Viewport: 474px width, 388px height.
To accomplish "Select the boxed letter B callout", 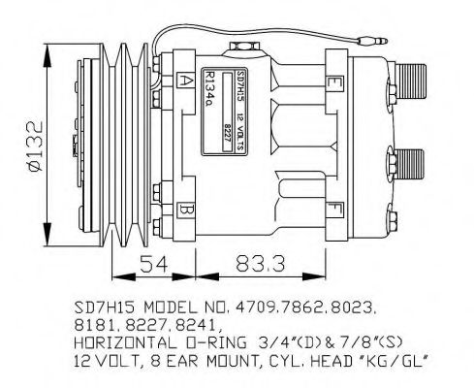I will point(185,210).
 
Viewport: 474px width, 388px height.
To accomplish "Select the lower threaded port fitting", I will point(413,161).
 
